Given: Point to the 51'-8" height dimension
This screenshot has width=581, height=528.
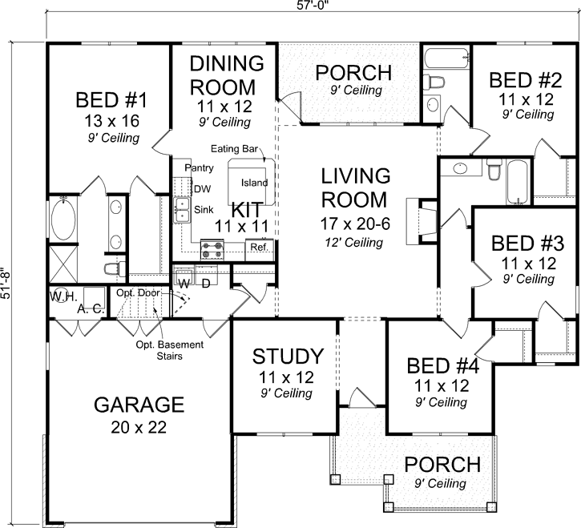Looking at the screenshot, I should (7, 283).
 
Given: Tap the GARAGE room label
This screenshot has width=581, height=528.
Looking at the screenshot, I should (140, 404).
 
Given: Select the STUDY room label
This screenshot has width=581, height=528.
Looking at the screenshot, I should (288, 356).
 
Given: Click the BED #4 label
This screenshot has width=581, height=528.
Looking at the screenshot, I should (442, 366).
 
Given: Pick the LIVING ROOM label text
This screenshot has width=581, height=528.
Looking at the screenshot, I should (355, 187).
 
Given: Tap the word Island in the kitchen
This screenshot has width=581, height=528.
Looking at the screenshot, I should (254, 183).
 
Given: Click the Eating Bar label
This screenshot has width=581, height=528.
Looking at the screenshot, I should (232, 150).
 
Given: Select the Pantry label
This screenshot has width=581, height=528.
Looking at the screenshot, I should (198, 167).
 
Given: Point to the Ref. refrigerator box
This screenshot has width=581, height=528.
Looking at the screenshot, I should (259, 248).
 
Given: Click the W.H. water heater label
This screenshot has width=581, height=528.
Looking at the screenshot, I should (61, 296).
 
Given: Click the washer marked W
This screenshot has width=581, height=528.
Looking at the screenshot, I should (184, 283).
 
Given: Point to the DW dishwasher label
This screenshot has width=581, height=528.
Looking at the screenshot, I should (201, 189).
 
